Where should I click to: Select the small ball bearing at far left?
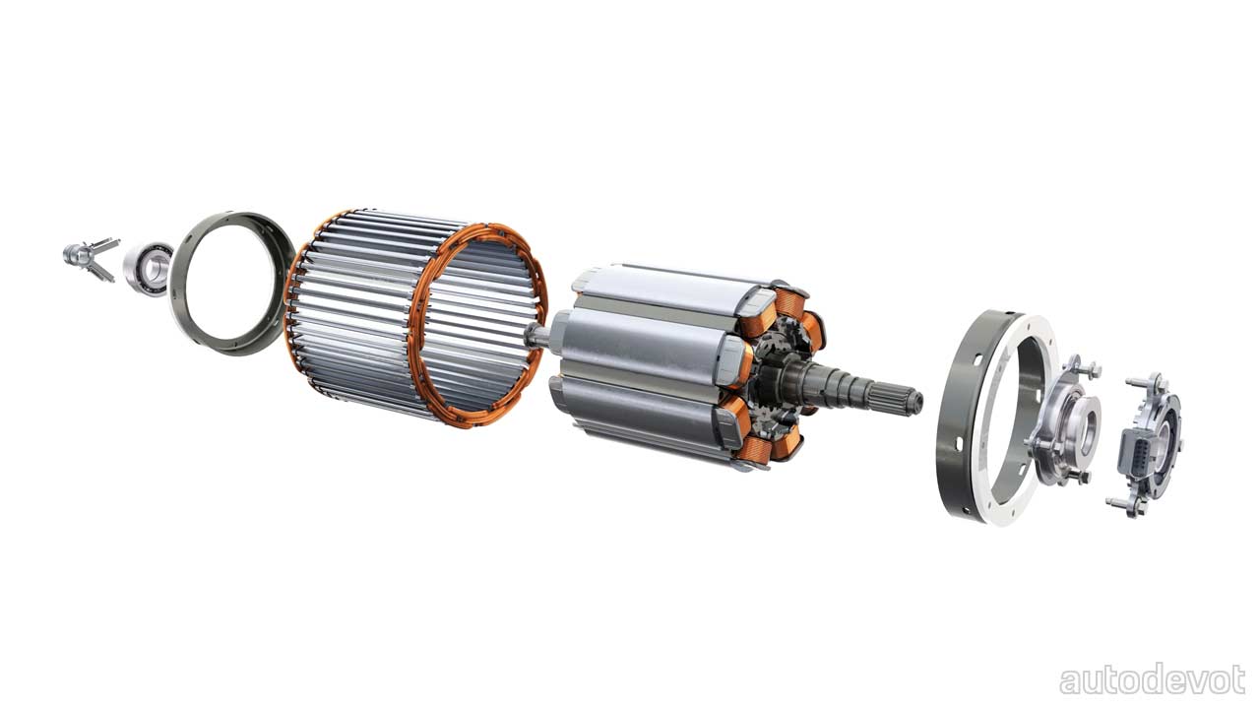pyautogui.click(x=148, y=269)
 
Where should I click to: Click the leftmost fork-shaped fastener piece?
pyautogui.click(x=90, y=258)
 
